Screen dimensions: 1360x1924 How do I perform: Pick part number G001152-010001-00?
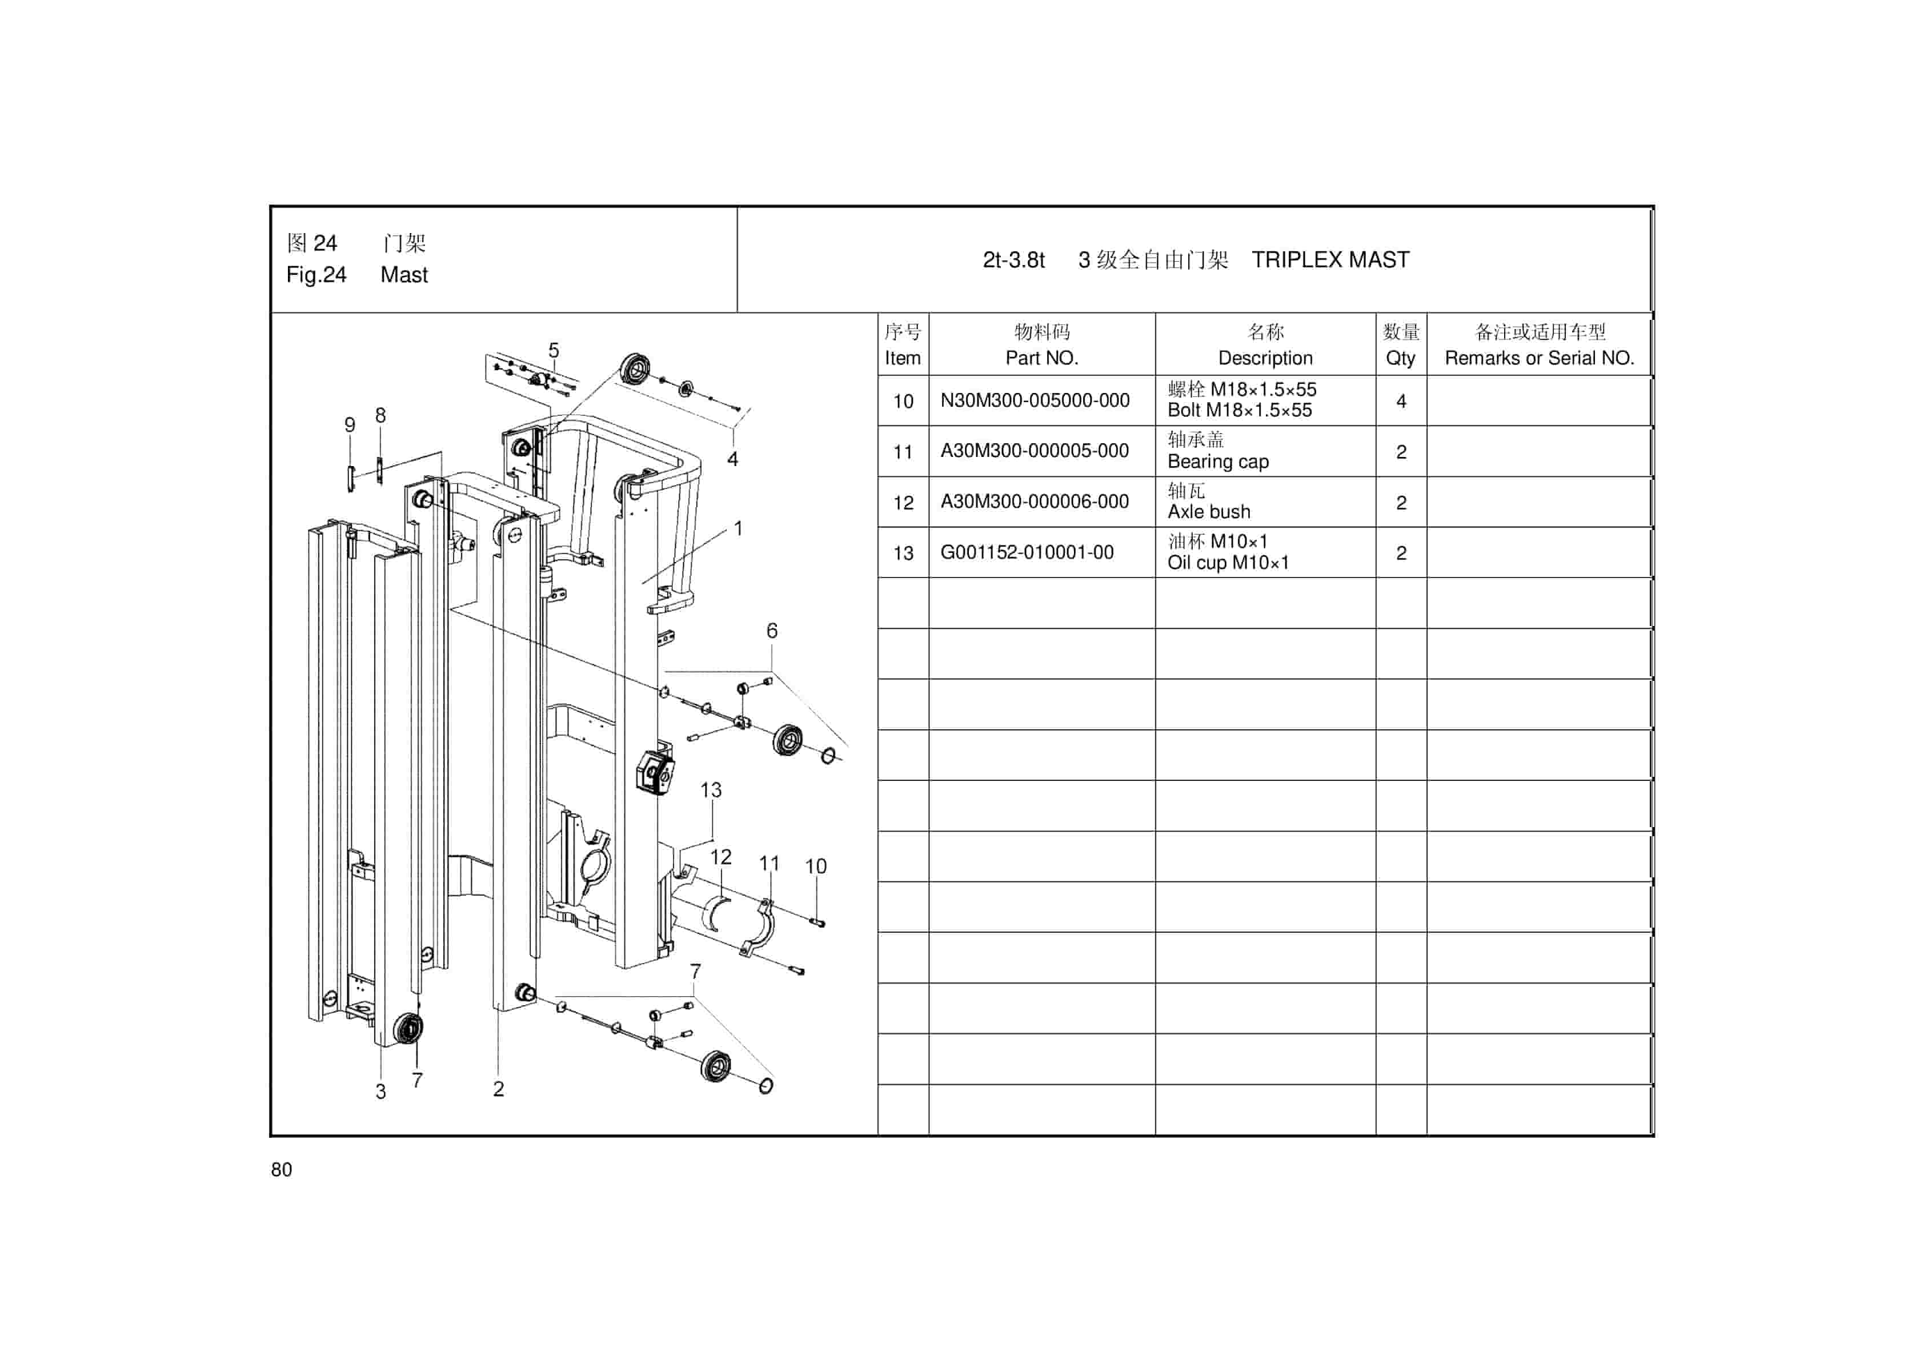coord(1027,552)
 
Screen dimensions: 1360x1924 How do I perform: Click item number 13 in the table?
coord(903,553)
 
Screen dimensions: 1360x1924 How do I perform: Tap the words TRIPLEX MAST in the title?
coord(1330,260)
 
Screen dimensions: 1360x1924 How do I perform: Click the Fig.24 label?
coord(316,275)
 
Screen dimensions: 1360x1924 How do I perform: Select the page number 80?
coord(282,1170)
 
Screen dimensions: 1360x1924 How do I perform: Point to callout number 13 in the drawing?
coord(711,790)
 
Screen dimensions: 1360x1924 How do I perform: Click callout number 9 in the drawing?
coord(350,425)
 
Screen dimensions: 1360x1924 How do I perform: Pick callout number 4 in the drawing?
coord(732,459)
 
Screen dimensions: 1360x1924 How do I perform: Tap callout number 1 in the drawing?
coord(738,529)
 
